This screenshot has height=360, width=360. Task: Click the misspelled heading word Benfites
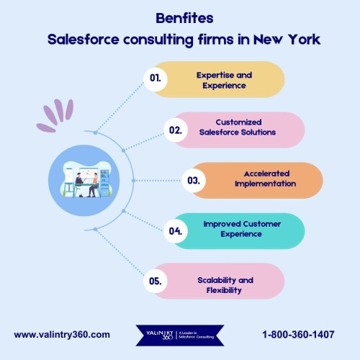click(x=184, y=18)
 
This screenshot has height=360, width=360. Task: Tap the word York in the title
click(x=304, y=39)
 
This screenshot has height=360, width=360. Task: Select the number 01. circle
click(x=156, y=78)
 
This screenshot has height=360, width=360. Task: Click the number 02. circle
click(x=176, y=130)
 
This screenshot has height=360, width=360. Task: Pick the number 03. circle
click(x=194, y=180)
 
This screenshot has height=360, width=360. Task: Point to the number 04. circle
click(x=176, y=231)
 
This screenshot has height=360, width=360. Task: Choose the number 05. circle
click(x=156, y=281)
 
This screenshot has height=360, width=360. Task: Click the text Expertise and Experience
click(x=224, y=80)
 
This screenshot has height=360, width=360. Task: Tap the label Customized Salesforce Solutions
click(x=238, y=127)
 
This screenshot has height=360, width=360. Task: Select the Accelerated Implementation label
click(x=266, y=179)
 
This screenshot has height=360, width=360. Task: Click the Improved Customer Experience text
click(x=242, y=229)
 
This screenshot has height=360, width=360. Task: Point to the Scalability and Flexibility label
click(x=225, y=285)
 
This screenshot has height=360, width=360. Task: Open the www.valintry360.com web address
click(x=62, y=335)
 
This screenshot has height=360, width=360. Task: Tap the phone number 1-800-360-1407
click(x=298, y=334)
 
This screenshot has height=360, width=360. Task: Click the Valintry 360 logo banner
click(x=180, y=336)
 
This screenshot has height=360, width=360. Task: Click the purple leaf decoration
click(x=55, y=115)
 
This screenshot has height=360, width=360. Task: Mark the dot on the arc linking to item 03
click(x=134, y=181)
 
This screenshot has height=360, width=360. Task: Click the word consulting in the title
click(x=158, y=40)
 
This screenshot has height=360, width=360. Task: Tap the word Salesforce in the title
click(x=84, y=39)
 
